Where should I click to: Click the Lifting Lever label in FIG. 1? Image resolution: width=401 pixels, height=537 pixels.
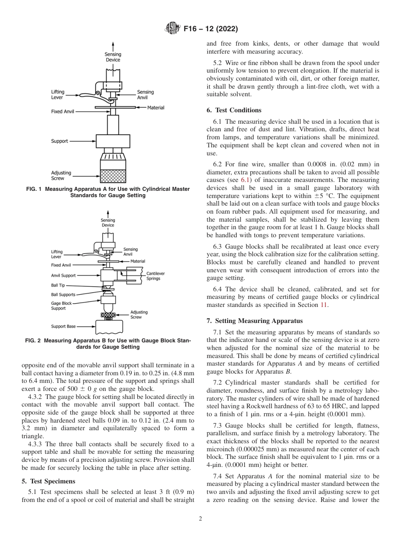pos(57,95)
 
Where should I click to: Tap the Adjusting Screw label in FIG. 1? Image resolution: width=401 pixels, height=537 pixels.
pos(61,175)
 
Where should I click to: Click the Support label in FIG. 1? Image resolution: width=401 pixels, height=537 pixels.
pos(60,141)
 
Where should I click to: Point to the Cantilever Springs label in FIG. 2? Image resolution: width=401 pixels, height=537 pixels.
pos(155,276)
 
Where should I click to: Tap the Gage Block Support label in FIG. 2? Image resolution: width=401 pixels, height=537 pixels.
pos(61,306)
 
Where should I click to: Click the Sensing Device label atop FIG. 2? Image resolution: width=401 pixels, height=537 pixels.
pos(108,223)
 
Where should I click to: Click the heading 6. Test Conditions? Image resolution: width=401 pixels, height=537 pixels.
pos(234,110)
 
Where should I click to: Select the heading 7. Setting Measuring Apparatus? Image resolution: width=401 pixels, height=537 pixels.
pos(255,321)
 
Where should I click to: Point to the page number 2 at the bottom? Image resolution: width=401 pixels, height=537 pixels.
pos(200,519)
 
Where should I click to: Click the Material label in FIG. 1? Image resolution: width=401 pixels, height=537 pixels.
pos(155,108)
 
